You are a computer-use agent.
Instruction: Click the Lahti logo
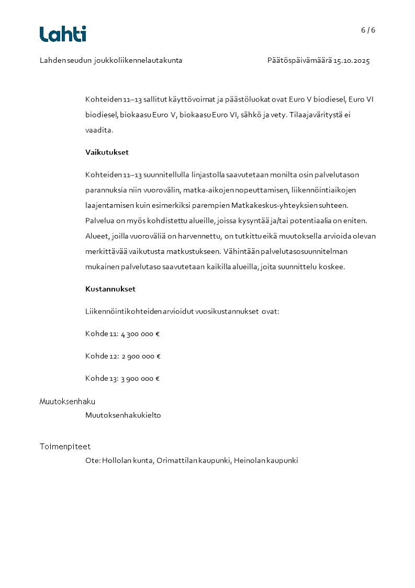pyautogui.click(x=63, y=34)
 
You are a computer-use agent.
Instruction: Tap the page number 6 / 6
pyautogui.click(x=368, y=30)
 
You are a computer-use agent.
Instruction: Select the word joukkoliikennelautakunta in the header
pyautogui.click(x=138, y=61)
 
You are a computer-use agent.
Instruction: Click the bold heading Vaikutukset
pyautogui.click(x=107, y=152)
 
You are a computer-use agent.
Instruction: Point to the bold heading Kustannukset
pyautogui.click(x=110, y=289)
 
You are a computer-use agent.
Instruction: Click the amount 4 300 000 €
pyautogui.click(x=140, y=334)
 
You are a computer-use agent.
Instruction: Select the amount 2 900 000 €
pyautogui.click(x=141, y=357)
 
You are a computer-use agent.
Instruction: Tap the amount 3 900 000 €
pyautogui.click(x=140, y=379)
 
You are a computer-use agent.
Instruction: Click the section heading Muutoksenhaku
pyautogui.click(x=68, y=402)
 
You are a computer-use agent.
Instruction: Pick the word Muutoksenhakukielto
pyautogui.click(x=123, y=415)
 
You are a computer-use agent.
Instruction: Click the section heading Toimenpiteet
pyautogui.click(x=65, y=447)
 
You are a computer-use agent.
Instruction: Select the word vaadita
pyautogui.click(x=98, y=130)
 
